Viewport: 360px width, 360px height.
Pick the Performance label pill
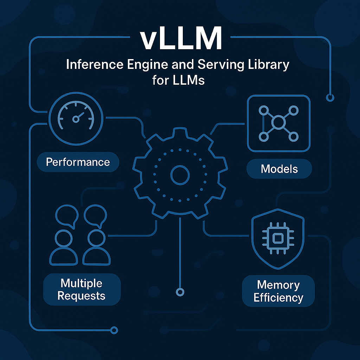[78, 162]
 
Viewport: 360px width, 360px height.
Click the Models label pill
[279, 169]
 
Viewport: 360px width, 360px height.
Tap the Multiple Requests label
[82, 289]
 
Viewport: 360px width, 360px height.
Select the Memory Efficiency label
[278, 291]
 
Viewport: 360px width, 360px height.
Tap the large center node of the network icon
[278, 122]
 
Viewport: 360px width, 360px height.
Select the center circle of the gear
[180, 175]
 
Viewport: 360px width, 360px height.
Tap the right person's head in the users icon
[94, 238]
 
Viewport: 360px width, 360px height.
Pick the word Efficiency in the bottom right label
[278, 298]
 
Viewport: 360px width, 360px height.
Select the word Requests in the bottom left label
[82, 296]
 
